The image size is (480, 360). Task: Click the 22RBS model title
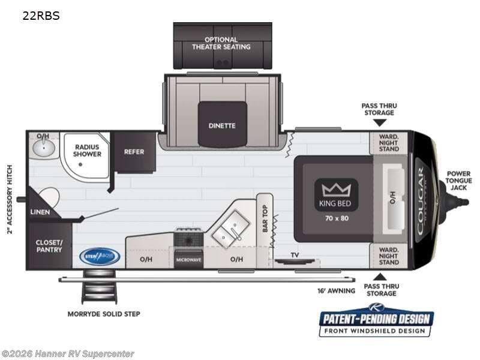(41, 16)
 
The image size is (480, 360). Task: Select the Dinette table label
(222, 125)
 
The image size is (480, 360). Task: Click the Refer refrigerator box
(134, 152)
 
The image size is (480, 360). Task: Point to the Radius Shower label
(88, 150)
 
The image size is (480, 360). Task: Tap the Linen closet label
(40, 212)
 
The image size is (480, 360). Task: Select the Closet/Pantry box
(49, 246)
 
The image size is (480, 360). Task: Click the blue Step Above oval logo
(100, 256)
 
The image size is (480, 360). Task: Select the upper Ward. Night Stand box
(388, 142)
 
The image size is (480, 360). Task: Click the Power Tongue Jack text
(458, 181)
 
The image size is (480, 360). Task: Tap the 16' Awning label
(337, 291)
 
